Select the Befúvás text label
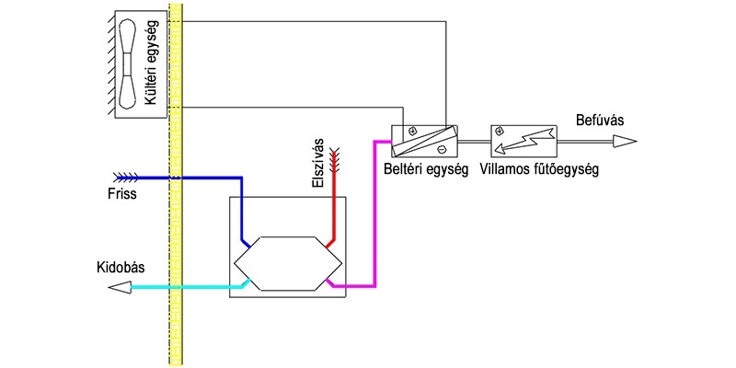coord(600,121)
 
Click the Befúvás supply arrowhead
coord(625,141)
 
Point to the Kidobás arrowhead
coord(120,287)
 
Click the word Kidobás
coord(121,268)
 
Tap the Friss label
coord(121,193)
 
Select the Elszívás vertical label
coord(319,164)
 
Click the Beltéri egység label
coord(426,169)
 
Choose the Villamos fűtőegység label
coord(539,169)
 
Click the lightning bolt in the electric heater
coord(523,140)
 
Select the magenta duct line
coord(374,213)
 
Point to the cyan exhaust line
coord(188,287)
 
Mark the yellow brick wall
coord(175,184)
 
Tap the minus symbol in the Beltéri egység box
coord(441,149)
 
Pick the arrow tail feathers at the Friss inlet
coord(126,178)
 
